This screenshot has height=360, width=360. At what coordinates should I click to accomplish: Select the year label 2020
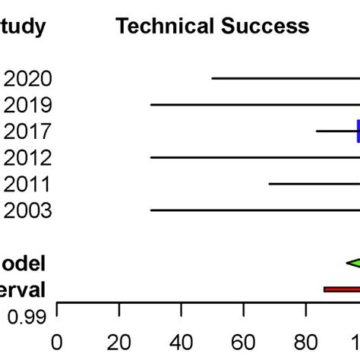(x=28, y=79)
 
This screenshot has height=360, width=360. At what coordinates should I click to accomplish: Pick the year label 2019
(x=28, y=105)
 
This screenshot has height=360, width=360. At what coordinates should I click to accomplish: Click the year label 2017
(x=28, y=131)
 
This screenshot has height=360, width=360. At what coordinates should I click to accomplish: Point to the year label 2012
(x=28, y=158)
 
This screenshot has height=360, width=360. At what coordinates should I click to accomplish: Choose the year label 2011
(x=28, y=185)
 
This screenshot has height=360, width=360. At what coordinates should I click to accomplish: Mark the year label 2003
(x=28, y=210)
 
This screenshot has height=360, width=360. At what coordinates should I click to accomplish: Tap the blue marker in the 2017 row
(x=357, y=131)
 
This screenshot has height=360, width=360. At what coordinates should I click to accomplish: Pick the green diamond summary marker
(x=354, y=263)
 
